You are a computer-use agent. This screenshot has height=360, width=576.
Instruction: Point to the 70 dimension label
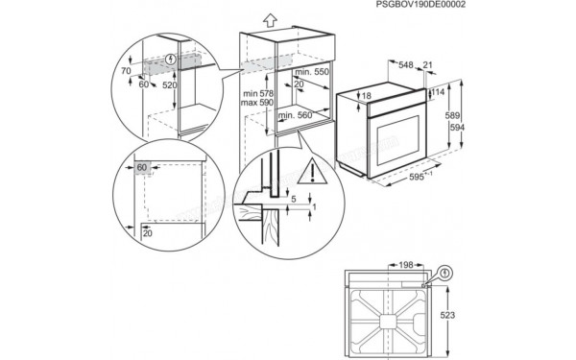click(x=126, y=71)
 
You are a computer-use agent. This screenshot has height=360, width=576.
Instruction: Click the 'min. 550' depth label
click(x=313, y=72)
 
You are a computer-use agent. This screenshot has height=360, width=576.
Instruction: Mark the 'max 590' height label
click(x=256, y=102)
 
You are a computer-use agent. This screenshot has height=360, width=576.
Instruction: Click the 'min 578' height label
click(x=256, y=91)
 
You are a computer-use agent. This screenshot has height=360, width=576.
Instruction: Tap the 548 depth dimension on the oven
click(x=407, y=65)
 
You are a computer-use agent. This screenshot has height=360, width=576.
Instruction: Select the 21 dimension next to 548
click(x=427, y=65)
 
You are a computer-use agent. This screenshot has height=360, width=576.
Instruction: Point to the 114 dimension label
click(x=440, y=92)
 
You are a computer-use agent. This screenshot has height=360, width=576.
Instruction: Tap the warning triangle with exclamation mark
click(x=310, y=173)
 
